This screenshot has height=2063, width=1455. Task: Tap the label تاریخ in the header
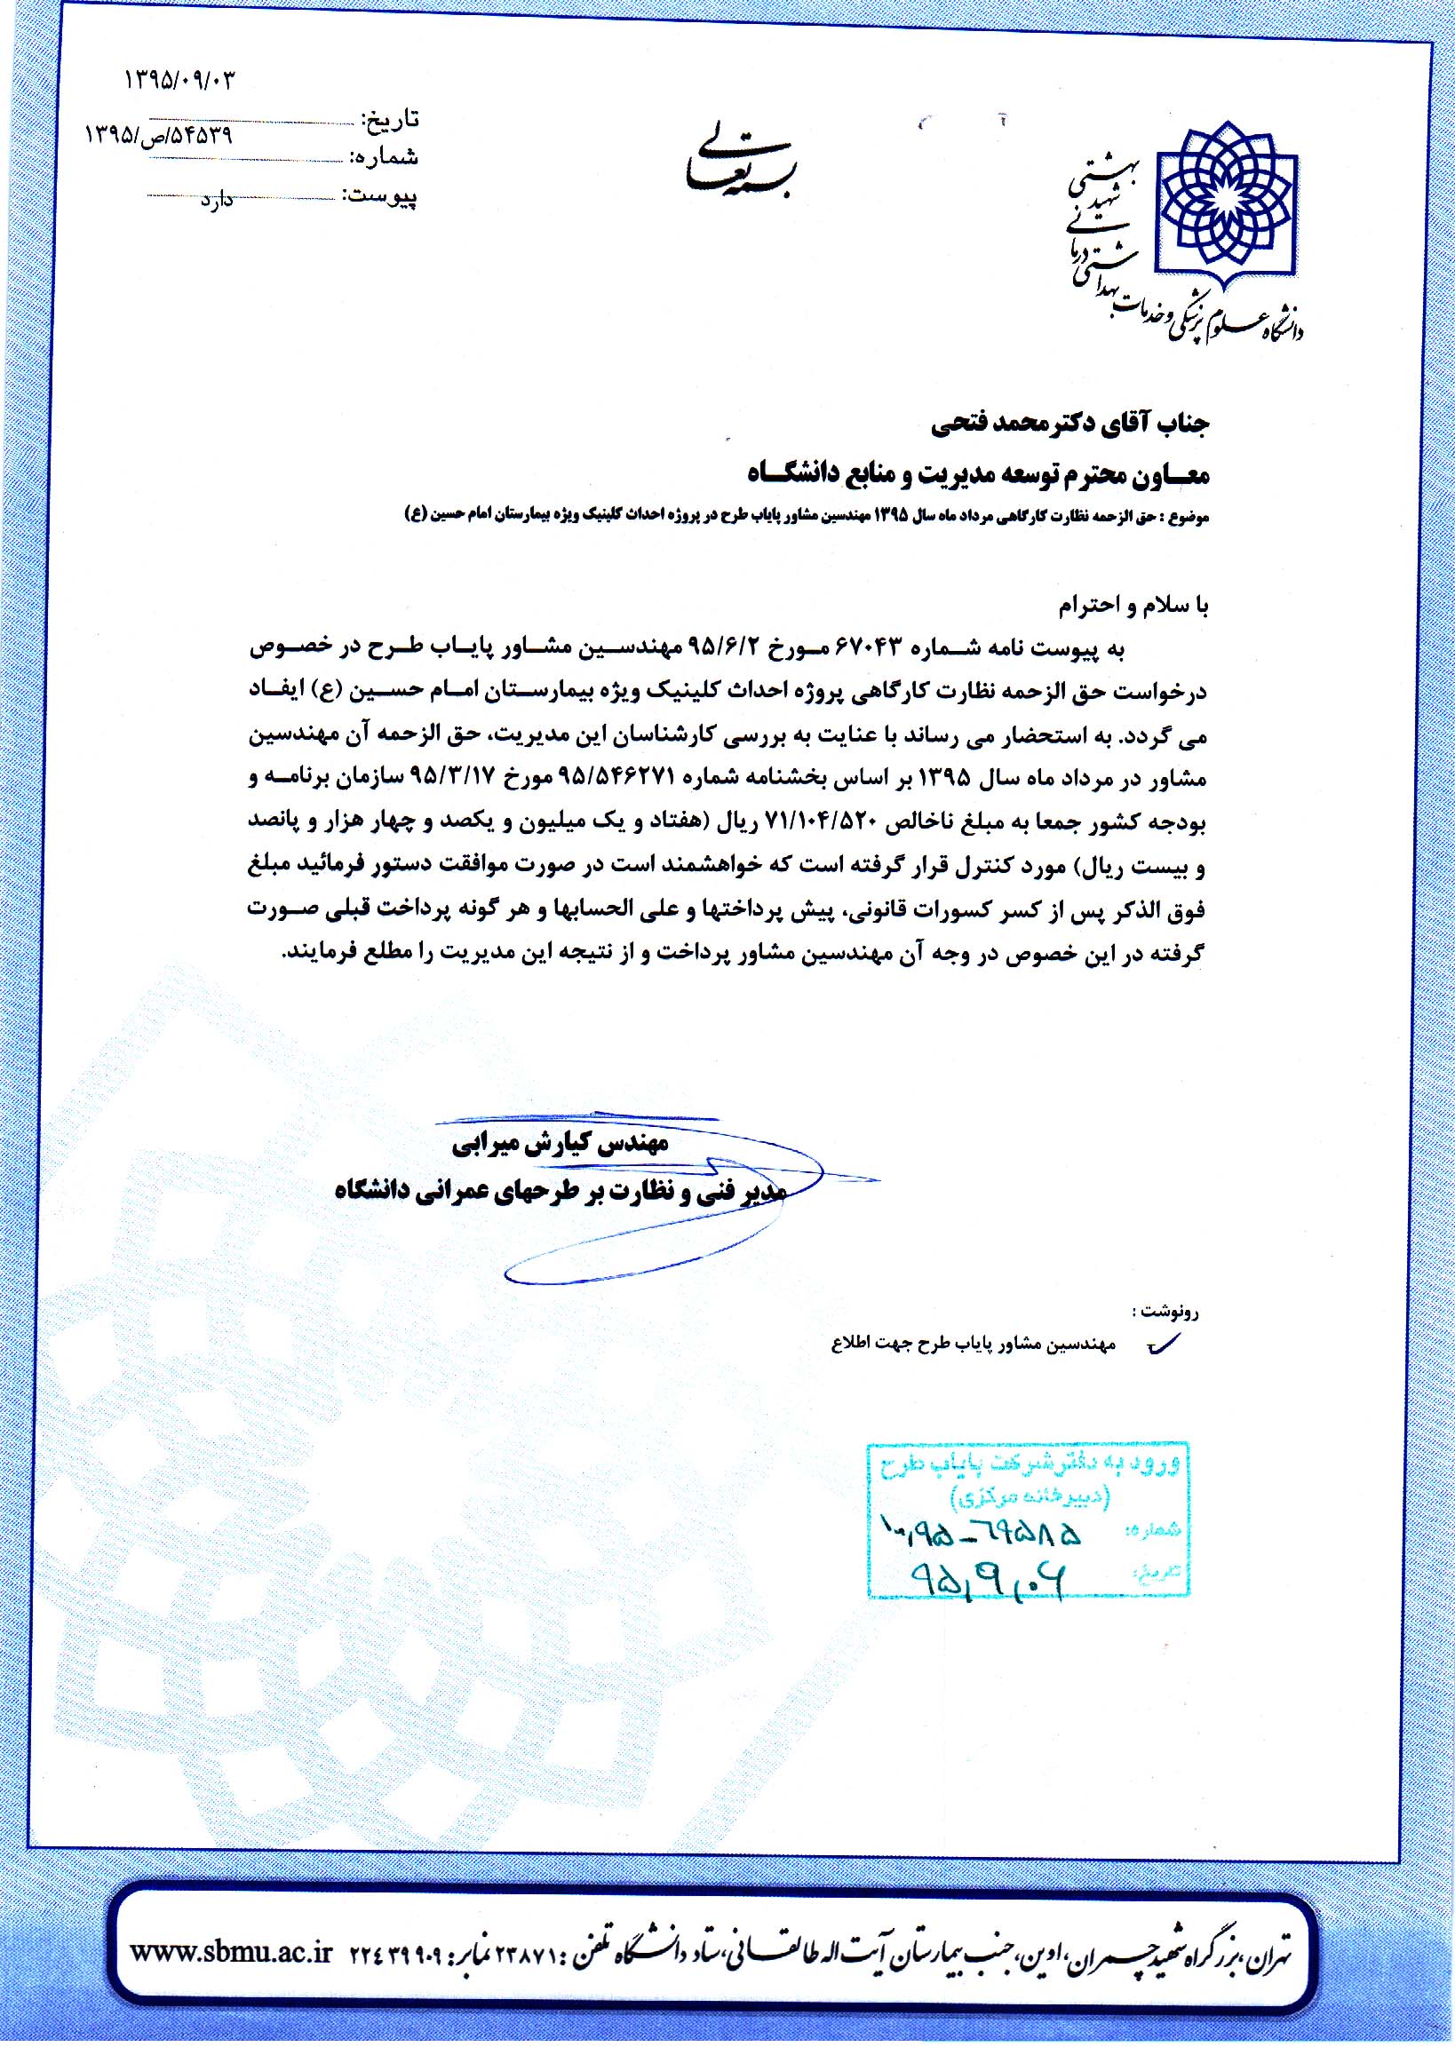point(389,120)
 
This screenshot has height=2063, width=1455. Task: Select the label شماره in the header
point(387,157)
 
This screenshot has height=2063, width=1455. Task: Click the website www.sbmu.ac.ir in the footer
point(232,1949)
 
